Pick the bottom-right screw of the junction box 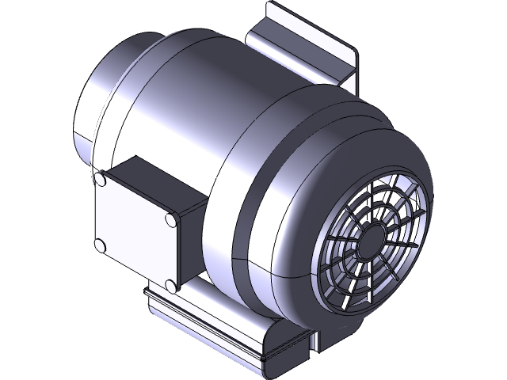[x=170, y=284]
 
